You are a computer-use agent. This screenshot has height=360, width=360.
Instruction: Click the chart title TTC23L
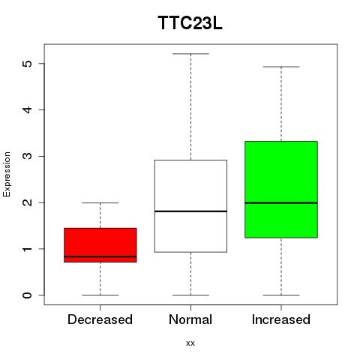point(190,23)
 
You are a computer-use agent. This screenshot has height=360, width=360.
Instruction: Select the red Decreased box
point(100,245)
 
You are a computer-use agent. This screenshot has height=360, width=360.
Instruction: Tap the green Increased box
point(281,190)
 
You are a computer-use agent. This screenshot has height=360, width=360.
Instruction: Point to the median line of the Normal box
point(190,211)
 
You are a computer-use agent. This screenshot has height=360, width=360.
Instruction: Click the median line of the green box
point(281,203)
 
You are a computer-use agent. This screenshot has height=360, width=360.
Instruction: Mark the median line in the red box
point(100,256)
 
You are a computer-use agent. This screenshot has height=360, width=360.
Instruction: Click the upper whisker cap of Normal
point(190,54)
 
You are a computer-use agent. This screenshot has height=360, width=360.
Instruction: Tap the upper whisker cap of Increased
point(281,67)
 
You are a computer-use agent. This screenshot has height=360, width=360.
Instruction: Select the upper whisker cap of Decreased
point(100,202)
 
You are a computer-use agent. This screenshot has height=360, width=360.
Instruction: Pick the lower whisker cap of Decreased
point(100,295)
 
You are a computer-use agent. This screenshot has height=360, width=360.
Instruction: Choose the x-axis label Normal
point(190,319)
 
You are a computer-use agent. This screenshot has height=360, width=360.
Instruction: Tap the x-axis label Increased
point(281,319)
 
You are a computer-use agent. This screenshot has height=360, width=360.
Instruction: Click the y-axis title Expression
point(7,174)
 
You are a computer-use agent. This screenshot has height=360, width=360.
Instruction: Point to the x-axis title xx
point(190,343)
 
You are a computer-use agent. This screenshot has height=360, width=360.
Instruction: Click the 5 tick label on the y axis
point(28,64)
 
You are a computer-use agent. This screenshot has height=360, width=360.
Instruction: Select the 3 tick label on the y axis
point(28,156)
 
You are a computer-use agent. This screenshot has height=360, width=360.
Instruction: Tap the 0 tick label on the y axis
point(28,295)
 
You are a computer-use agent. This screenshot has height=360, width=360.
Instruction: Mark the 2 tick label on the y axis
point(28,202)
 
